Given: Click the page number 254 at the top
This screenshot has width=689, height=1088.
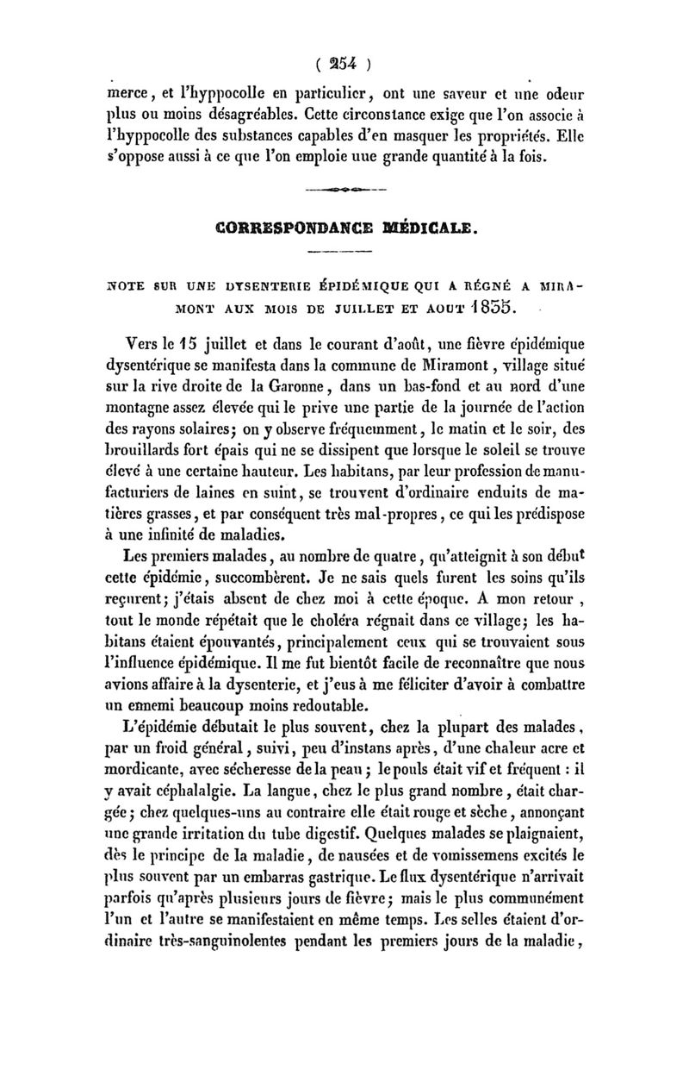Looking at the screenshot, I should (344, 63).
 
